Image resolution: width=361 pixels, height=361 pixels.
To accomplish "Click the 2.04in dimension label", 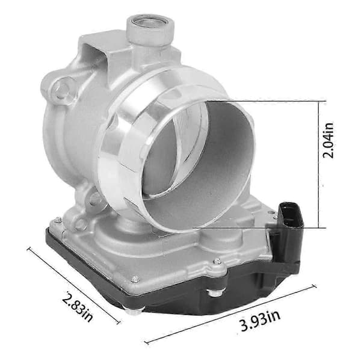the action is click(328, 140).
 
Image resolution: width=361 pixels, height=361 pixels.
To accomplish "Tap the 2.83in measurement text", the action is click(78, 307).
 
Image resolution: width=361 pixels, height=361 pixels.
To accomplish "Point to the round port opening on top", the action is click(150, 22).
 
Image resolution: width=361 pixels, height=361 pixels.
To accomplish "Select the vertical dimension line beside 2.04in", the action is click(319, 164).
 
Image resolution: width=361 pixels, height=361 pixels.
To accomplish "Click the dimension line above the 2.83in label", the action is click(73, 285).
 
